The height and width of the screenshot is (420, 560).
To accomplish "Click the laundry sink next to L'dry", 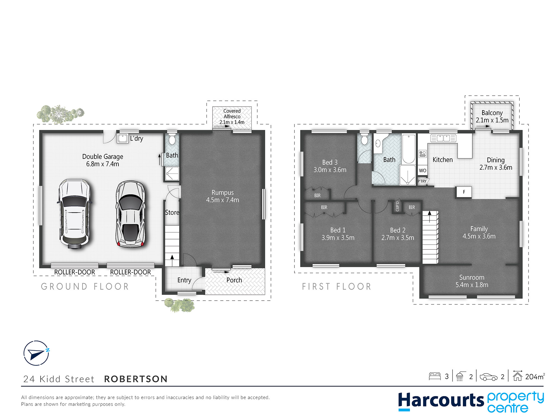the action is click(x=123, y=138).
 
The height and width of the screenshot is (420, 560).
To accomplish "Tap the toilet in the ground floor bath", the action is click(x=172, y=139).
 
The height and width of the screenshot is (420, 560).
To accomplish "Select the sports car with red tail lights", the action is click(x=130, y=214).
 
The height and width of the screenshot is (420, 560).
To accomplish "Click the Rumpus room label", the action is click(x=223, y=196).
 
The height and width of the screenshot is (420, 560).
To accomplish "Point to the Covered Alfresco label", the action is click(x=232, y=116).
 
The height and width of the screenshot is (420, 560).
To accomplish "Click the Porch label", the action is click(x=234, y=280).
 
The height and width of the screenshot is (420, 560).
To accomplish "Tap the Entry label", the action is click(x=184, y=280).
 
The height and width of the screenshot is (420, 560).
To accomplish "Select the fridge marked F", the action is click(x=464, y=192).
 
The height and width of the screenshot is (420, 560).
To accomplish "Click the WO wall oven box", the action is click(x=423, y=171).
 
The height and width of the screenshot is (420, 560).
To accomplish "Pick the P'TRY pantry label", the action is click(x=422, y=181).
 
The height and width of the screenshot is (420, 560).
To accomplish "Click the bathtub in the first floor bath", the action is click(x=409, y=149).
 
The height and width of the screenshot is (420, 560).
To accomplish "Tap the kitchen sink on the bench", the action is click(x=443, y=138).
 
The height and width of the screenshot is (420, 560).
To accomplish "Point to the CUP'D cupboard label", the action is click(x=397, y=206).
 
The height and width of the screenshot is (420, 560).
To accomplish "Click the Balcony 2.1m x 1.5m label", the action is click(x=492, y=116).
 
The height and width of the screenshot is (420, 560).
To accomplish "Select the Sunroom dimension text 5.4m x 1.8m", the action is click(x=472, y=285).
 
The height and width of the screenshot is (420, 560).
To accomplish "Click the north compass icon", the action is click(x=36, y=353).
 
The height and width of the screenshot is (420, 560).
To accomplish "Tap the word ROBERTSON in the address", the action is click(x=136, y=379).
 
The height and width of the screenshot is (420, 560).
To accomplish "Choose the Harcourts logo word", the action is click(x=441, y=400).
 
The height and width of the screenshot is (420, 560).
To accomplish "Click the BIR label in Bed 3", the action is click(x=317, y=195).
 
